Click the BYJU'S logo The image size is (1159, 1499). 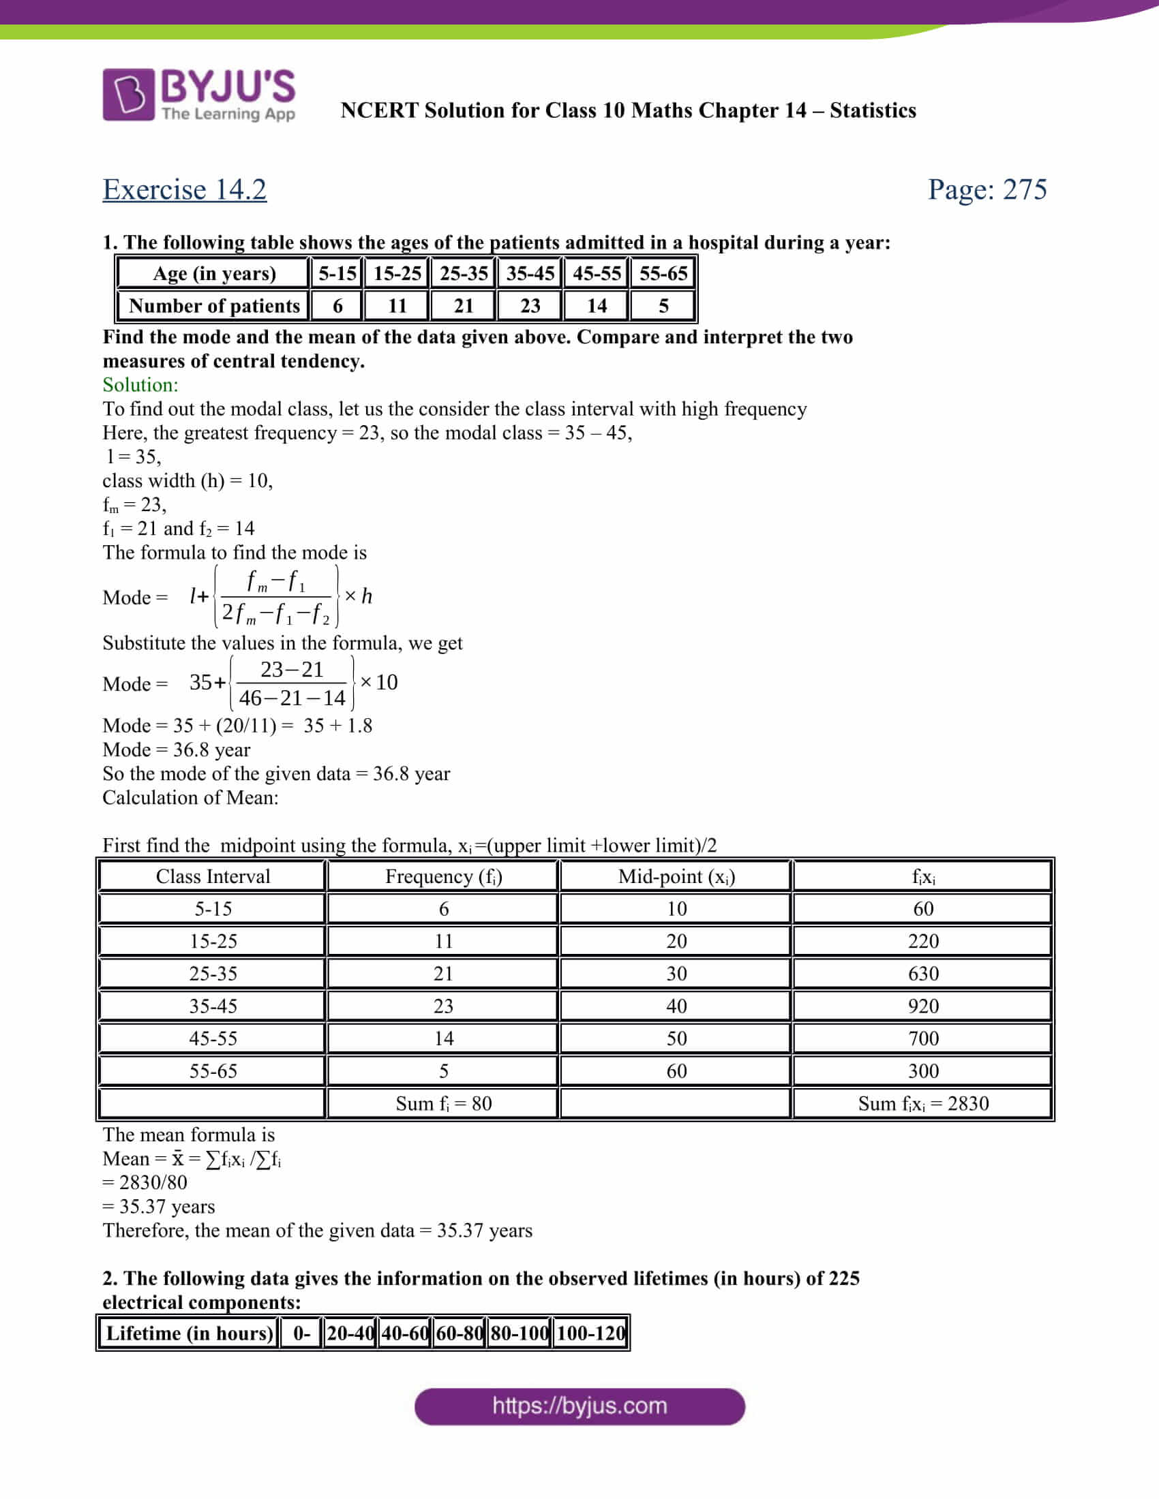198,95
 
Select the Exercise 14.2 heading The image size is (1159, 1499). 185,189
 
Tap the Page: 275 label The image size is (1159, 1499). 987,189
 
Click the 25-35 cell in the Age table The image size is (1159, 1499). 464,273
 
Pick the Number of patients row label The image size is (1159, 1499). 214,305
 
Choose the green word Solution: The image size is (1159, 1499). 140,384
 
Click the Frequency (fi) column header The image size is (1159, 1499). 443,876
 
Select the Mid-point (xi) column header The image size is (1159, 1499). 676,876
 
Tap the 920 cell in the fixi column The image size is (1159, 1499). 923,1006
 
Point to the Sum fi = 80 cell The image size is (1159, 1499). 443,1104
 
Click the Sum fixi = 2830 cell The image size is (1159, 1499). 923,1104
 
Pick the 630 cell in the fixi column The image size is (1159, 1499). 923,974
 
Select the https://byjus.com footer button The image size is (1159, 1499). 579,1406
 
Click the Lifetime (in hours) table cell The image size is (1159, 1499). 190,1333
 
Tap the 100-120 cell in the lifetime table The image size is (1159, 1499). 590,1333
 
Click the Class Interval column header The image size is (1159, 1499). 213,876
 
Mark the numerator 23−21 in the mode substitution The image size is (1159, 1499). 292,669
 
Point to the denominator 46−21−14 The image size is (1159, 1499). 292,698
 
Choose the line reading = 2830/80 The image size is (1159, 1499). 145,1182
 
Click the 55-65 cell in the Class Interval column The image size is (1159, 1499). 213,1071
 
